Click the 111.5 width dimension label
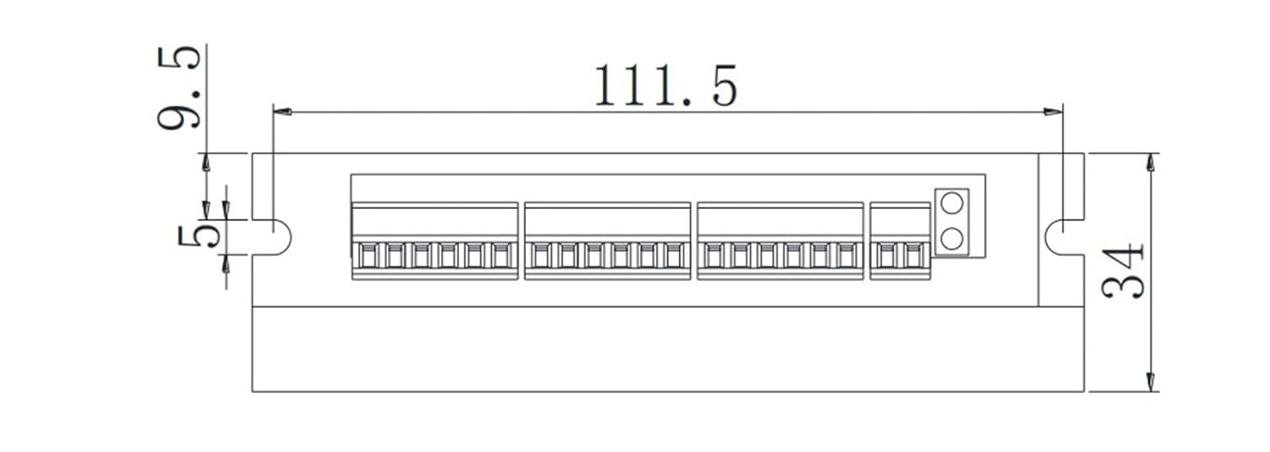[x=665, y=85]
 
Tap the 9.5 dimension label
[x=179, y=86]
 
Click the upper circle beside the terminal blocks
[x=952, y=204]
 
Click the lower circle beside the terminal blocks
[x=952, y=239]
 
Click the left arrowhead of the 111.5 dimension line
[x=282, y=111]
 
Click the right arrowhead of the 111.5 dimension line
[x=1053, y=111]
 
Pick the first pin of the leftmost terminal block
[x=367, y=255]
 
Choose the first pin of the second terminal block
[x=540, y=255]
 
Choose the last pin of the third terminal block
[x=849, y=255]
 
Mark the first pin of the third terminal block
[x=713, y=255]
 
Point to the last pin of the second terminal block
[x=676, y=255]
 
